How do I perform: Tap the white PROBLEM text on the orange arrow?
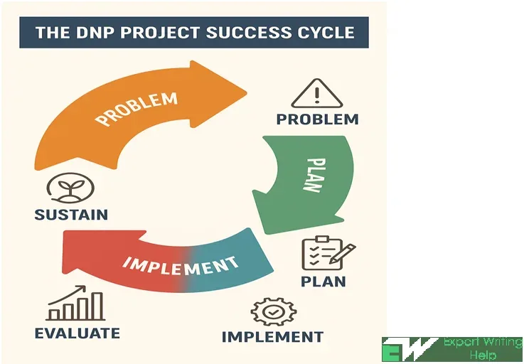point(136,109)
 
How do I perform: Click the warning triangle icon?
point(317,94)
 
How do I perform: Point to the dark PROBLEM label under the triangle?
point(318,119)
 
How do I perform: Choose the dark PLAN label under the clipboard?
point(324,282)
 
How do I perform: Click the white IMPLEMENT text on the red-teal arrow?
point(181,266)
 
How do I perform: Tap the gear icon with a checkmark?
point(273,312)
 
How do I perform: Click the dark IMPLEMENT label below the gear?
point(272,336)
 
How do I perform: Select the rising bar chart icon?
point(75,303)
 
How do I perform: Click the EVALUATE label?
point(77,333)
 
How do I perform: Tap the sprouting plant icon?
point(70,188)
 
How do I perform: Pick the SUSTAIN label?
point(71,214)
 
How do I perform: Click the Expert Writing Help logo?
point(452,349)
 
